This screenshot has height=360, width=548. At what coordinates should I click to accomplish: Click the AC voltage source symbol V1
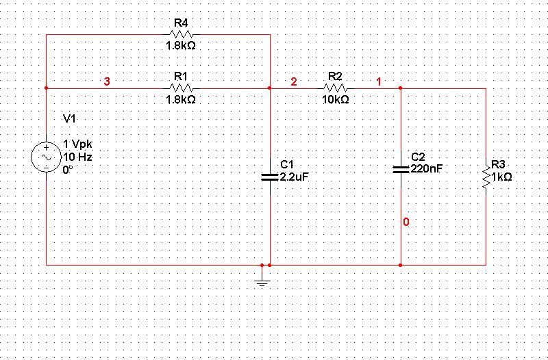tap(46, 157)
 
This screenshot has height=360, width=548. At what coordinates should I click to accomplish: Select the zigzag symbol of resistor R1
tap(182, 88)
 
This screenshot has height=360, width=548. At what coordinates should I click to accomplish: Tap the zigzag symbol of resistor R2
tap(336, 88)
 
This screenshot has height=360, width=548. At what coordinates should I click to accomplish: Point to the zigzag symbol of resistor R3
tap(486, 177)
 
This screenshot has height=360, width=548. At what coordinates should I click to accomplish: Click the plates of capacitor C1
tap(271, 177)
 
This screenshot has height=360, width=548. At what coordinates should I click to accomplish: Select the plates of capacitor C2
tap(401, 168)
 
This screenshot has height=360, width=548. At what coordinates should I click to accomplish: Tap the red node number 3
tap(106, 82)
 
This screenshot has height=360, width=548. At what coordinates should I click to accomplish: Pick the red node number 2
tap(294, 82)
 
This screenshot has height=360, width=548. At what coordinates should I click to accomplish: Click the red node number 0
tap(406, 222)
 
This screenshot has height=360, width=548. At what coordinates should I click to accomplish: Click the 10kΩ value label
tap(336, 99)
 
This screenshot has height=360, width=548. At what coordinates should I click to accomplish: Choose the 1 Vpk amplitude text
tap(77, 144)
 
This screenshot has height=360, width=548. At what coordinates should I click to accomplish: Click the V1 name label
tap(69, 118)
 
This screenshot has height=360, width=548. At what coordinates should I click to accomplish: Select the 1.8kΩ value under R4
tap(182, 46)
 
